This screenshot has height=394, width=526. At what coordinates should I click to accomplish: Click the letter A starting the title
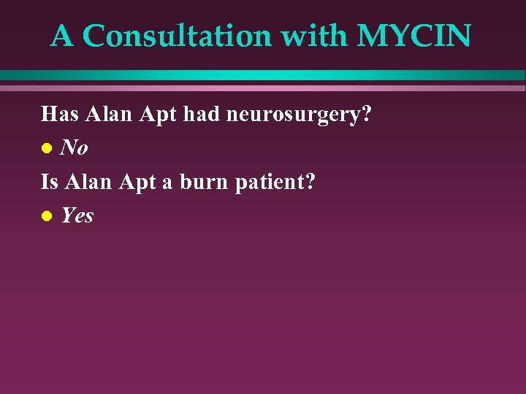(x=62, y=36)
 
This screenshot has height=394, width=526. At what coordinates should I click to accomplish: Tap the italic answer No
(x=75, y=148)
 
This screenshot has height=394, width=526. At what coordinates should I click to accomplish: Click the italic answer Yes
(x=77, y=215)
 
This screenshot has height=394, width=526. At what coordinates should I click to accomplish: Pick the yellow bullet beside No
(x=46, y=149)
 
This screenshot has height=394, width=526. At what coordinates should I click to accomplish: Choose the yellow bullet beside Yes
(x=46, y=216)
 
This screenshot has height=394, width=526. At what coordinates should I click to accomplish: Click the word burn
(x=204, y=182)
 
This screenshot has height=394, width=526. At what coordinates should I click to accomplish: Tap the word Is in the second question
(x=49, y=181)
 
